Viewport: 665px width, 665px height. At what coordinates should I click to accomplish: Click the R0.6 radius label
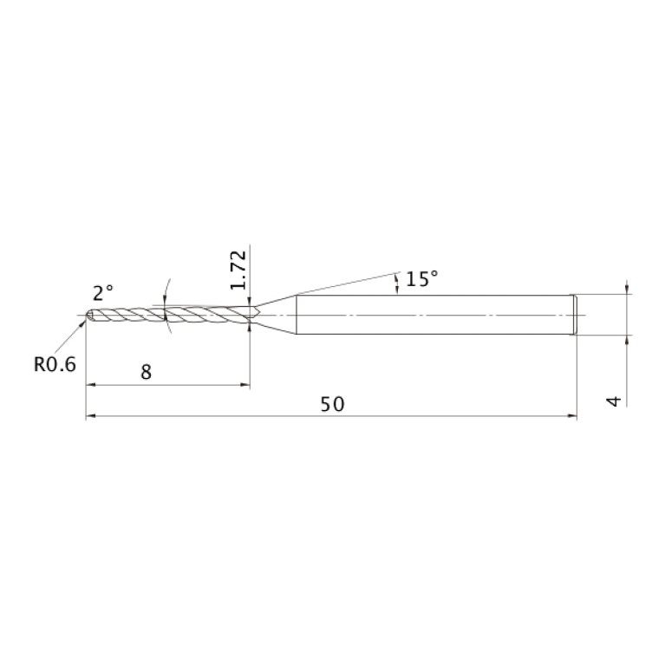55,364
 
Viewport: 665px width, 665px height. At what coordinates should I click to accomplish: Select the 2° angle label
103,293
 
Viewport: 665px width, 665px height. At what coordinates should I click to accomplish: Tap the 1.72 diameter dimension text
238,270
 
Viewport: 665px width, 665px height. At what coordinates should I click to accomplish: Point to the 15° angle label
421,278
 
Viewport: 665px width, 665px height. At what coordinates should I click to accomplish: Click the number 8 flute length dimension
146,372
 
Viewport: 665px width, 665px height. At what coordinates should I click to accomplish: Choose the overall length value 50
332,404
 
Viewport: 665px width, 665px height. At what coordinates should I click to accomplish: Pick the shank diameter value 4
615,401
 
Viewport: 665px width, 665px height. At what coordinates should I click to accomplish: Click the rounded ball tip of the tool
89,315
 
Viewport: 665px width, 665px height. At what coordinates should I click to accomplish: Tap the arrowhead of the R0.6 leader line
82,323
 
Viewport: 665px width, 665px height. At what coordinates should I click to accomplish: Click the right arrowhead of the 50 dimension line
572,416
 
